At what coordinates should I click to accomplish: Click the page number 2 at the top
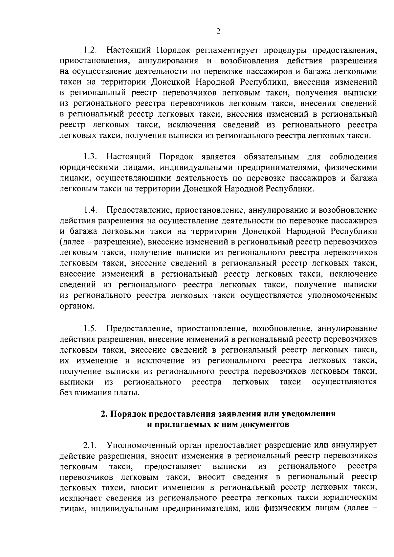coord(218,31)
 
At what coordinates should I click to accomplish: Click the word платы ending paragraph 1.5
coord(127,393)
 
